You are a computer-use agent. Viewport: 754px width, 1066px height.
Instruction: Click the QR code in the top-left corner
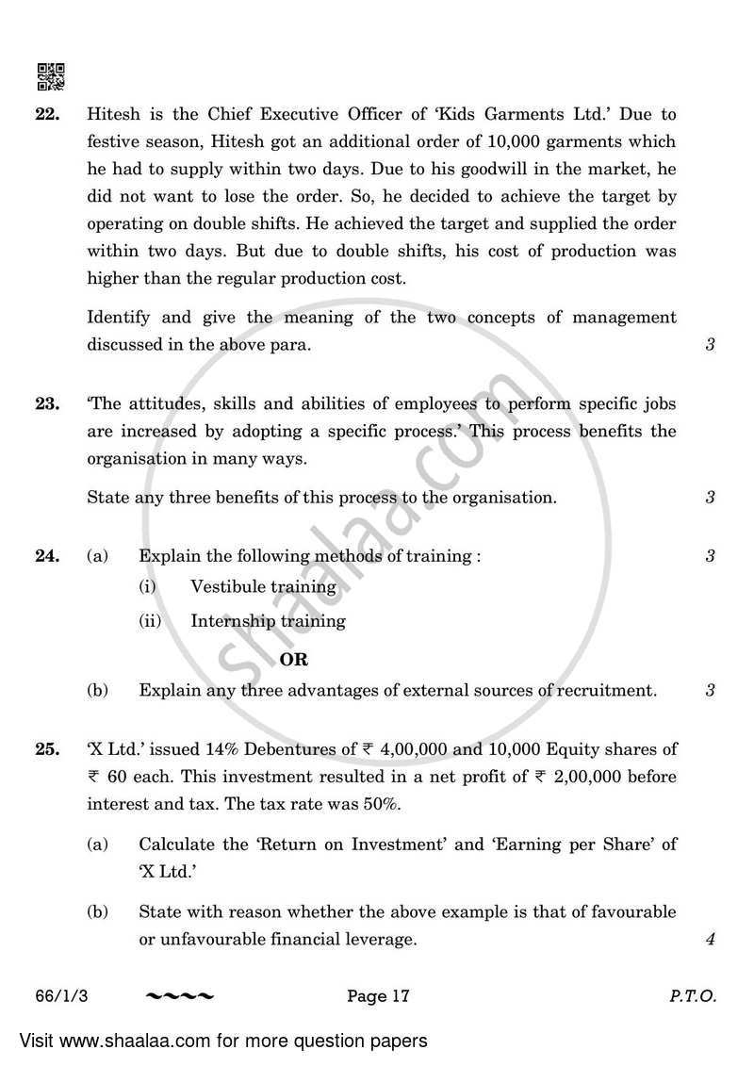click(50, 75)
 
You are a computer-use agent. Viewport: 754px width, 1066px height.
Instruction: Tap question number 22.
click(48, 116)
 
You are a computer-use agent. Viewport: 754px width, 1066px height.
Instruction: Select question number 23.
click(48, 404)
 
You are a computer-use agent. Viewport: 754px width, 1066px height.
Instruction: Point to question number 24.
click(48, 556)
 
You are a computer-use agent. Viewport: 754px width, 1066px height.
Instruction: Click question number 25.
click(48, 749)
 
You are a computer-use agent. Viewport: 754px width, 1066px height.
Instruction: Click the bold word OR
click(294, 660)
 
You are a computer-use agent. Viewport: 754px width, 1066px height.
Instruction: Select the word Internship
click(232, 621)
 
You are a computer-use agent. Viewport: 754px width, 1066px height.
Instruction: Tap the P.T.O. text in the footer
click(696, 995)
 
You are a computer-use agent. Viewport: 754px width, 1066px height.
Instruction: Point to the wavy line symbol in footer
click(181, 996)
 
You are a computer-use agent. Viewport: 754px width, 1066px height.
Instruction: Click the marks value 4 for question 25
click(709, 940)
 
